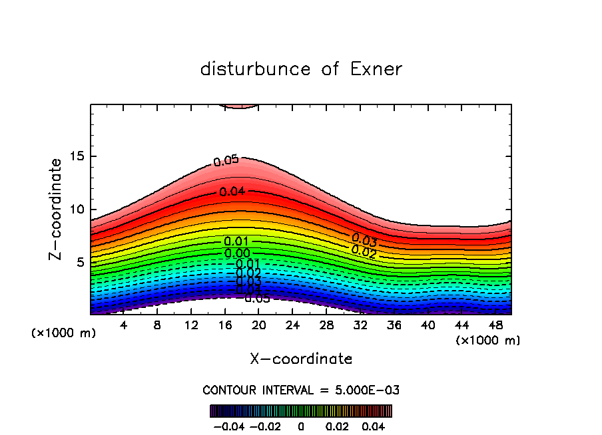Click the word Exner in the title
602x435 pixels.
pos(375,69)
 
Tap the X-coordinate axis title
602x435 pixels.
pos(301,359)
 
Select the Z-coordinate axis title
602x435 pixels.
pos(56,209)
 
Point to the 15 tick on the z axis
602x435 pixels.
pos(78,157)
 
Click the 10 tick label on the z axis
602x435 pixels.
pos(78,210)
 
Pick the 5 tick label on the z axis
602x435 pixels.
pos(81,262)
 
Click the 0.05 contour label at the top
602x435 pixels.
pos(226,160)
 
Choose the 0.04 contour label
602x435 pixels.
pos(232,192)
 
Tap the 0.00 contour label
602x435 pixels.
pos(237,253)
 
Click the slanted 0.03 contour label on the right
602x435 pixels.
pos(364,239)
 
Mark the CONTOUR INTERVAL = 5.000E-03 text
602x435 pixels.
pos(301,390)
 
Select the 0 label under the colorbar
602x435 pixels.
pos(301,425)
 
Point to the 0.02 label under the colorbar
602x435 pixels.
pos(338,425)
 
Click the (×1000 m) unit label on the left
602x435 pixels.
pos(63,333)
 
